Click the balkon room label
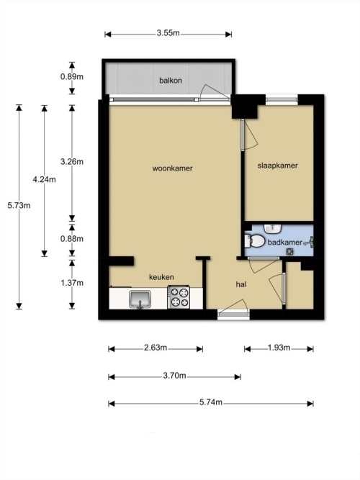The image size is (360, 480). tap(171, 81)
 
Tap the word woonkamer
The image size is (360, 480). tap(173, 168)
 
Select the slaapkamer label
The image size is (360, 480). tap(278, 166)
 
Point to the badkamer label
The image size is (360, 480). tap(285, 243)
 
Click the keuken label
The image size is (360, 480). tap(161, 277)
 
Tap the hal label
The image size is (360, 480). tap(241, 284)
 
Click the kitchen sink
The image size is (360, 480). tap(140, 299)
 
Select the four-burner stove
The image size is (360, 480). tap(179, 297)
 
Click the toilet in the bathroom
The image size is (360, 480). tap(255, 241)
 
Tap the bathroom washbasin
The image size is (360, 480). tap(273, 228)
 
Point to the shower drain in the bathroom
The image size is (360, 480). tap(289, 252)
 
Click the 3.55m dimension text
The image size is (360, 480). tap(168, 33)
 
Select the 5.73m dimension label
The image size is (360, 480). tap(19, 205)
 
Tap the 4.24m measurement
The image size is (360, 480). tap(45, 179)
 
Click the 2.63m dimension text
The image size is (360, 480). tap(156, 348)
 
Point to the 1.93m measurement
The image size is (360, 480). tap(279, 348)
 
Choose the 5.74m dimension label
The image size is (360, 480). tap(211, 402)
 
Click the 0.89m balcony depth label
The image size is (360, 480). tap(72, 76)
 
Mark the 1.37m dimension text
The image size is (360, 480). tap(72, 283)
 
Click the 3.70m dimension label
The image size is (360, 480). tap(175, 376)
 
